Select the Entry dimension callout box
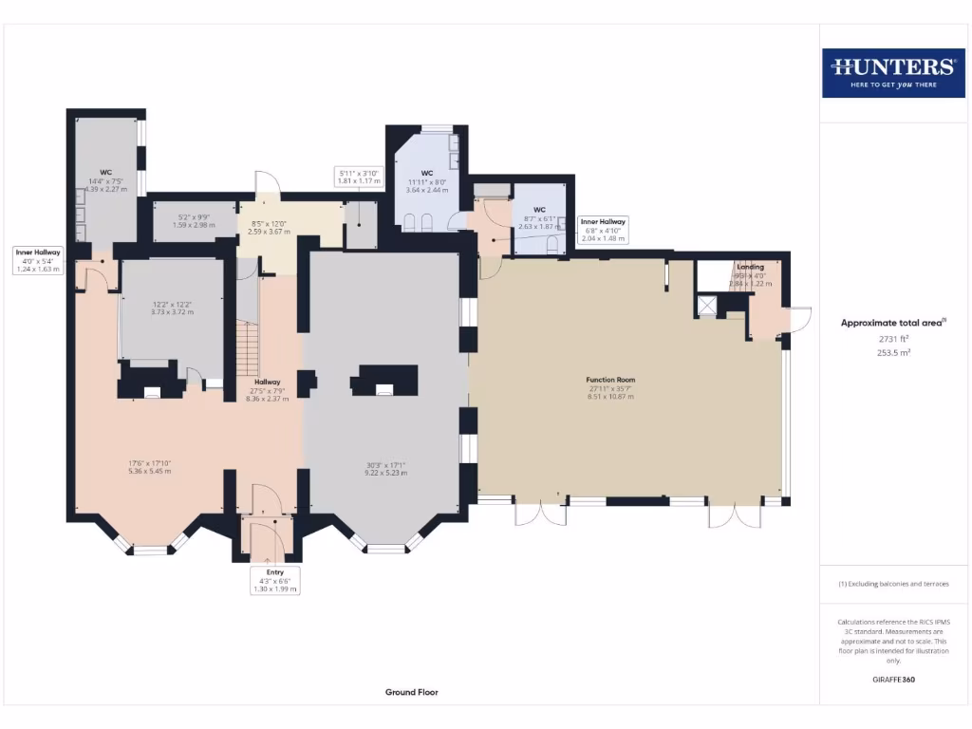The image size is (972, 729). (274, 581)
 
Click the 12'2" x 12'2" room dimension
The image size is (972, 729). (172, 308)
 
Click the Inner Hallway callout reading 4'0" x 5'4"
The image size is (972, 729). (38, 260)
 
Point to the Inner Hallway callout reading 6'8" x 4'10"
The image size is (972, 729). (603, 230)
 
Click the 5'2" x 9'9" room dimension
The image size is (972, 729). (194, 221)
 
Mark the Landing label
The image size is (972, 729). (750, 268)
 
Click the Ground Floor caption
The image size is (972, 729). (411, 693)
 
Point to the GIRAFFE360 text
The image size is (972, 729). (892, 680)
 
